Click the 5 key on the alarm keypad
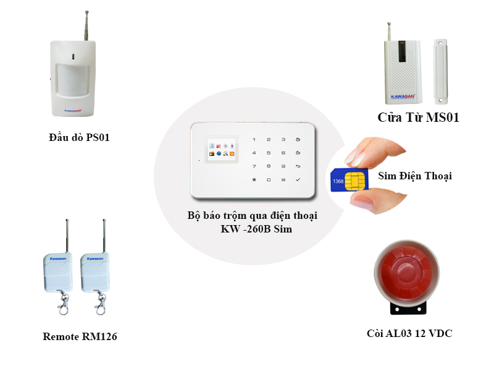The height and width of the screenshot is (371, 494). (268, 153)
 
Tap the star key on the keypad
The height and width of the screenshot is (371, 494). (253, 179)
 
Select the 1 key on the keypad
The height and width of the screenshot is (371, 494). (253, 139)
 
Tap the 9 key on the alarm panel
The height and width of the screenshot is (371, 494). (283, 166)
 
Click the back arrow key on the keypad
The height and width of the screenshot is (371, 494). (298, 166)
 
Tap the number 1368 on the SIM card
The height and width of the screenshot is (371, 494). (338, 182)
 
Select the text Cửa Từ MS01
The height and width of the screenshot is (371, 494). (418, 117)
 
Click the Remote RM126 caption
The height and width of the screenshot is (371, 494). (80, 337)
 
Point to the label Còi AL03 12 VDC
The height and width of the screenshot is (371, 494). (409, 334)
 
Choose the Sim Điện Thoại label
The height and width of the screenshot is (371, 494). (414, 176)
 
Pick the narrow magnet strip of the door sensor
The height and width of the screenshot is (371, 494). (440, 71)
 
